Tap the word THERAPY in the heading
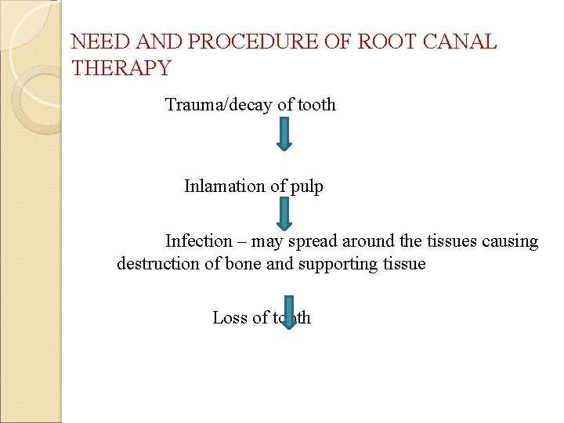(121, 69)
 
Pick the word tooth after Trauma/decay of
(316, 104)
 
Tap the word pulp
(305, 186)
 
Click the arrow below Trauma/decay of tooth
(284, 133)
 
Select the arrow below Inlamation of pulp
(284, 213)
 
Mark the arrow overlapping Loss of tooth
(288, 312)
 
